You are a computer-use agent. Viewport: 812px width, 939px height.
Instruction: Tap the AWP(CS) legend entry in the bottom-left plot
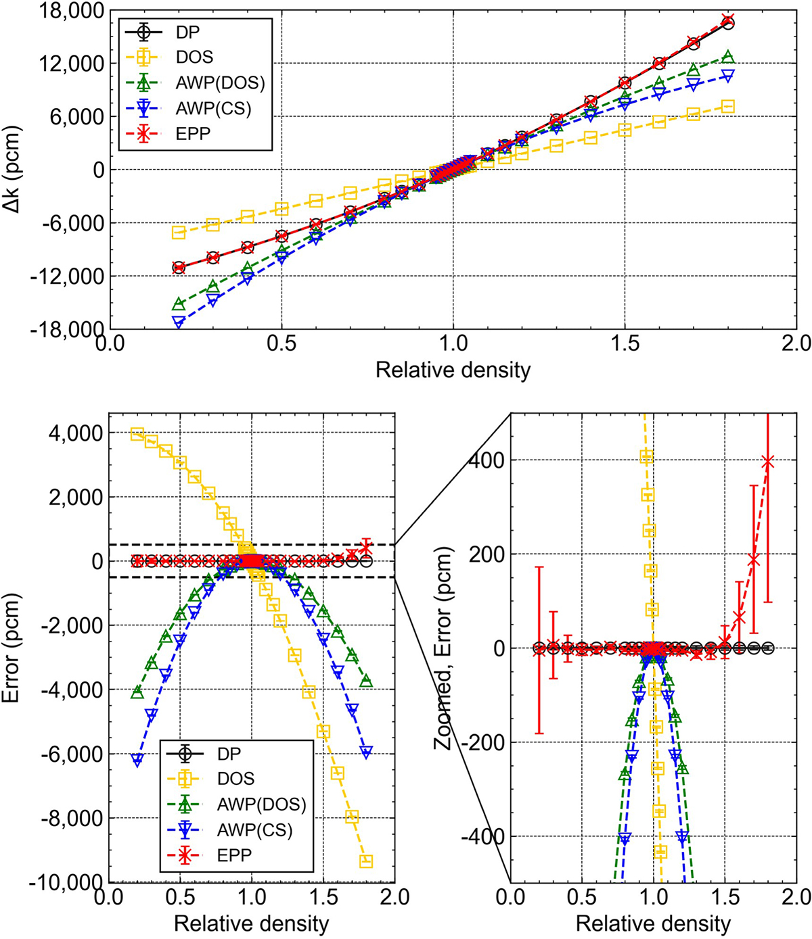coord(258,829)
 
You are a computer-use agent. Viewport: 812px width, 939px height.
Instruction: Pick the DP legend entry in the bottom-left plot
coord(228,753)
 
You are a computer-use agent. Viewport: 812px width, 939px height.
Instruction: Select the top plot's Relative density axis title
coord(453,369)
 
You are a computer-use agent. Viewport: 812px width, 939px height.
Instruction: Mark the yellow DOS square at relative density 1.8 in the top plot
coord(727,106)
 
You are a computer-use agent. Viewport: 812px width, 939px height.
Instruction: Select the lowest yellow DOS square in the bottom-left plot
coord(366,861)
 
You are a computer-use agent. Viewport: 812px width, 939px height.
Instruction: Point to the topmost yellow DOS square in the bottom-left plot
coord(137,434)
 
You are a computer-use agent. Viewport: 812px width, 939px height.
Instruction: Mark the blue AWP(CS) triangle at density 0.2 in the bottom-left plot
coord(137,761)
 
